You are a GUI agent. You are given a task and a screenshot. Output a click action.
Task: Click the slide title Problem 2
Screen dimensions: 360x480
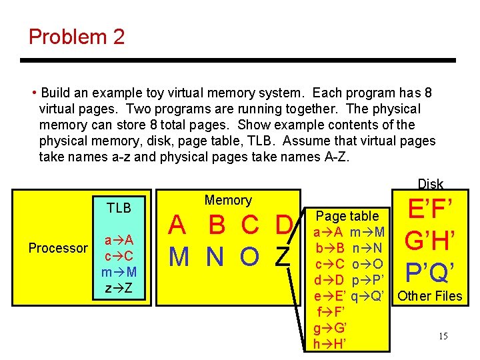77,37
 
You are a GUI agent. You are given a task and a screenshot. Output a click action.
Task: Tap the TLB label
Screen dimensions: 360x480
119,207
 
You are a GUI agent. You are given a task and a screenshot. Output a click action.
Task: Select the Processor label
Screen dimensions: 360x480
58,248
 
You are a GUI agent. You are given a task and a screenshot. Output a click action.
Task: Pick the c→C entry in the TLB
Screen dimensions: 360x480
119,256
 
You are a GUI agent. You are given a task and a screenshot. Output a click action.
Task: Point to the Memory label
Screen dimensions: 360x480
228,200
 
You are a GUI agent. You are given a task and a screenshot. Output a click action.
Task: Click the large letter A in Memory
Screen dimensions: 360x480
177,226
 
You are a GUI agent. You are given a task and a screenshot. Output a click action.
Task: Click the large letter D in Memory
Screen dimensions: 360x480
283,226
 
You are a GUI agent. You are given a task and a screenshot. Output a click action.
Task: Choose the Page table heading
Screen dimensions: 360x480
347,216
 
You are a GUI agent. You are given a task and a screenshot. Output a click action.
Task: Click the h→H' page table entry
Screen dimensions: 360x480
329,343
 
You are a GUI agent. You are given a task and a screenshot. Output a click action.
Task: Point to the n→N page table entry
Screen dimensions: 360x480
367,248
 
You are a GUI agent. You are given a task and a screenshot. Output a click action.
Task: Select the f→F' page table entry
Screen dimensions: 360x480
329,312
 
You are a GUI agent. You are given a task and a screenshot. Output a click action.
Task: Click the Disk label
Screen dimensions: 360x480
430,184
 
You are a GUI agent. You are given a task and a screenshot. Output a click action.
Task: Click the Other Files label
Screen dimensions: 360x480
430,296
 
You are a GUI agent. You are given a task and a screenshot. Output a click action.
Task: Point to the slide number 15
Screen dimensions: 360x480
443,336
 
